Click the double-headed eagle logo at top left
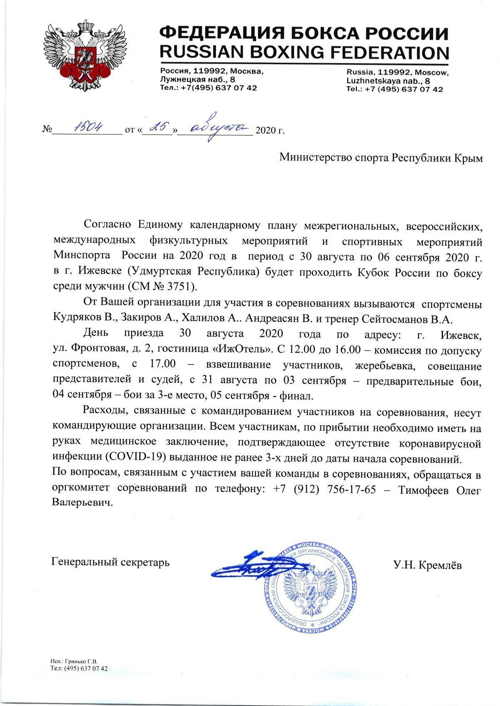(85, 54)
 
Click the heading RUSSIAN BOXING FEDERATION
(304, 52)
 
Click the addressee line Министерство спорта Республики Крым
(381, 158)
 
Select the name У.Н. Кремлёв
(427, 565)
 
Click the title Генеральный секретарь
(110, 562)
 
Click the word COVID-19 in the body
(134, 458)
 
